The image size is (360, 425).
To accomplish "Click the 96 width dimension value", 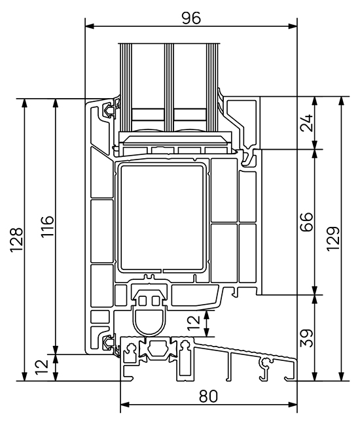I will tap(190, 18).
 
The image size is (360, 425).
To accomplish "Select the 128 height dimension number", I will tap(17, 239).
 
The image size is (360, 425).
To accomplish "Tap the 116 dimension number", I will tap(48, 227).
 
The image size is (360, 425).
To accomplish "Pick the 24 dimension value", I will tap(306, 123).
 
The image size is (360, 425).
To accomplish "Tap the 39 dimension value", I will tap(306, 337).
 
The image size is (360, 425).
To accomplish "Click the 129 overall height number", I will tap(333, 239).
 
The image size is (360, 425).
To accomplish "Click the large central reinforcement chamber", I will tap(162, 216).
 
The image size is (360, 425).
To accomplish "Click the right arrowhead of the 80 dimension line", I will tap(292, 404).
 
